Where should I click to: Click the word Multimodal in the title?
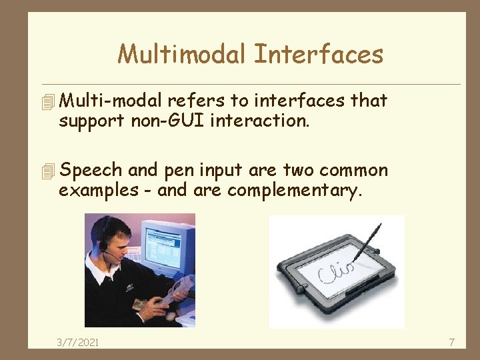[181, 54]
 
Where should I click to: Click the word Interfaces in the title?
[318, 54]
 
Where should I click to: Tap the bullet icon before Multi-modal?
[47, 102]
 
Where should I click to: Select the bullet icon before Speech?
[47, 171]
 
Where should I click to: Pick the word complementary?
[294, 191]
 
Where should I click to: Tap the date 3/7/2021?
[78, 342]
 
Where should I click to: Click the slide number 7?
[451, 342]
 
